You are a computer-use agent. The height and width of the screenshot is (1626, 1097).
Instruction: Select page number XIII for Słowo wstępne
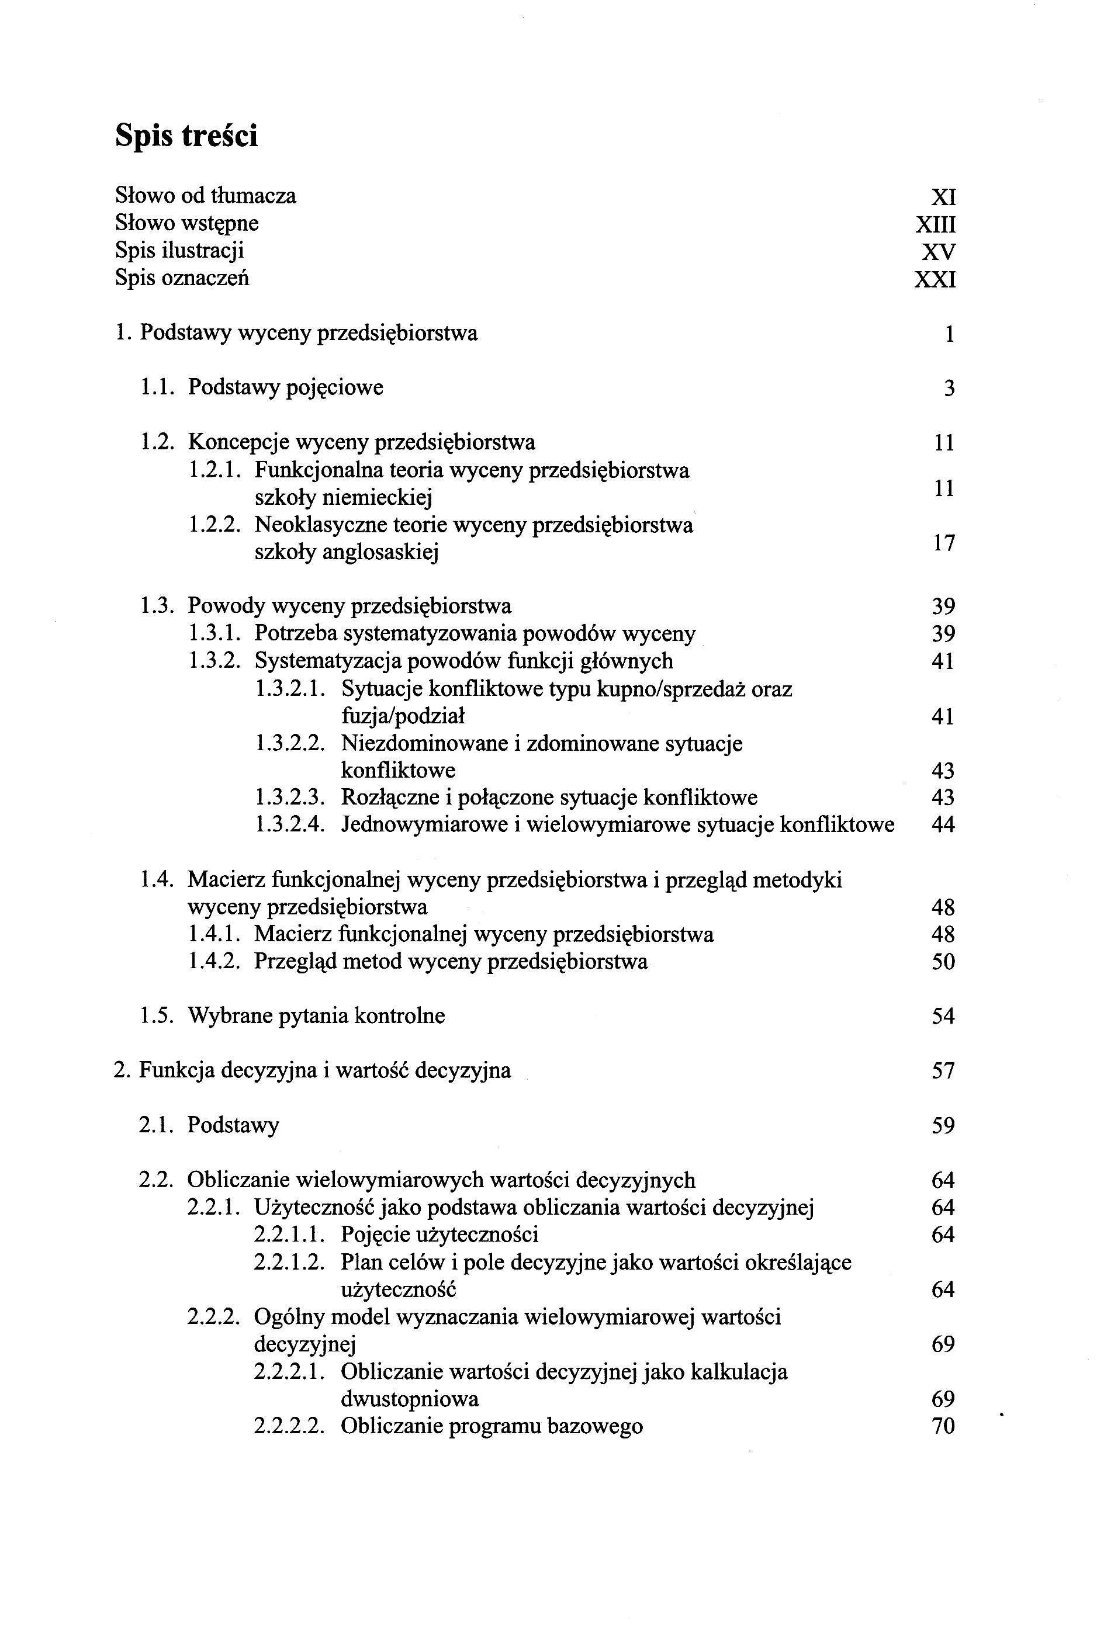click(935, 224)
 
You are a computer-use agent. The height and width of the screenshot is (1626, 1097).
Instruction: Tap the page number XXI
click(935, 280)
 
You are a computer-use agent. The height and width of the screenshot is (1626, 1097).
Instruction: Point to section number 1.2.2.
click(214, 525)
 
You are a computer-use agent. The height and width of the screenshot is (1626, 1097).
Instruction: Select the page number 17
click(944, 543)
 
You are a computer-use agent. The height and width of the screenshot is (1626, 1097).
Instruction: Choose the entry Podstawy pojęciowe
click(285, 387)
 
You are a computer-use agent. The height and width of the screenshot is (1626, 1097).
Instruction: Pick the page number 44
click(943, 825)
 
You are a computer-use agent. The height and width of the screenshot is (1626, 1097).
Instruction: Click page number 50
click(943, 962)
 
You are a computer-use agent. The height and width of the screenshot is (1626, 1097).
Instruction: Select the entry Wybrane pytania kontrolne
click(316, 1015)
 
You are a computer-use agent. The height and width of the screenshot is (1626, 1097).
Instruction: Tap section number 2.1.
click(160, 1125)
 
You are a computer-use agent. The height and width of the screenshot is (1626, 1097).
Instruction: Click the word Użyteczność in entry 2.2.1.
click(315, 1208)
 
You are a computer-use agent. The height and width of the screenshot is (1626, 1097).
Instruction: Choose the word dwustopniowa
click(410, 1399)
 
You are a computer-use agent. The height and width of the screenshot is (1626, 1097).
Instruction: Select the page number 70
click(943, 1427)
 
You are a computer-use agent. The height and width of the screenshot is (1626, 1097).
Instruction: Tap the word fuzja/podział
click(403, 716)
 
